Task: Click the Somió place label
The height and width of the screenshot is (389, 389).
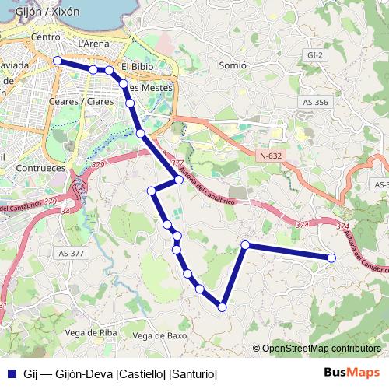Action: (233, 65)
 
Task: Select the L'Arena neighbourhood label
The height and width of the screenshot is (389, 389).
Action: (94, 45)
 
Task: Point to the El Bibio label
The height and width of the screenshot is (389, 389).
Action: (138, 67)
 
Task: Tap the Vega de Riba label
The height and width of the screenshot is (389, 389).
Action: (92, 332)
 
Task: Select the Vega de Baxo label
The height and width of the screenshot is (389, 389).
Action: (160, 335)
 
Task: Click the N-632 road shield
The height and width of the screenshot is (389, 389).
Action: (270, 156)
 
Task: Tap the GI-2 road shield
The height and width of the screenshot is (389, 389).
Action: (315, 56)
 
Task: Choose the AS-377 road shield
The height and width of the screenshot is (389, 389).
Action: (71, 253)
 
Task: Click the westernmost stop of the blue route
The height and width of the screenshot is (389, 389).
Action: (58, 60)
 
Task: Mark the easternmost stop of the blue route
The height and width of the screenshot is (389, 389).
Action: (331, 258)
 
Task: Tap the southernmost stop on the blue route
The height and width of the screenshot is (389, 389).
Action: (223, 307)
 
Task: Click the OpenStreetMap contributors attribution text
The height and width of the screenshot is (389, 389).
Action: (321, 348)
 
